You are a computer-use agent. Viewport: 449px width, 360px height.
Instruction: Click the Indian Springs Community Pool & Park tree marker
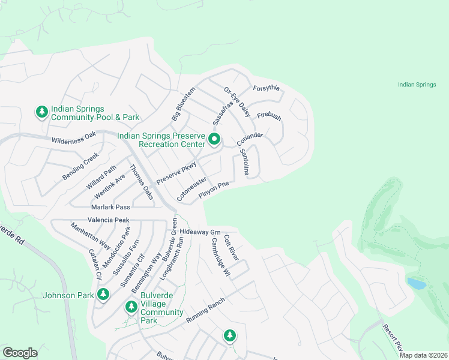[x=41, y=112]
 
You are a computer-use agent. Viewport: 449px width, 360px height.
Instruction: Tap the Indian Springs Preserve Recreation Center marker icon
[x=215, y=140]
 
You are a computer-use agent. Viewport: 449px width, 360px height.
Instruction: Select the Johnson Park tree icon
[x=104, y=294]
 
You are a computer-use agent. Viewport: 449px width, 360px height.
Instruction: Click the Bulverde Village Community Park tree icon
[x=131, y=307]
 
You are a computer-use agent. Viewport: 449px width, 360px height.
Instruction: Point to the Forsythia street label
[x=267, y=88]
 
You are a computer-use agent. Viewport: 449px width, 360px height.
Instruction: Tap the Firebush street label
[x=269, y=116]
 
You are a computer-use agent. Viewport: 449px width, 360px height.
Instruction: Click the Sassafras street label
[x=223, y=112]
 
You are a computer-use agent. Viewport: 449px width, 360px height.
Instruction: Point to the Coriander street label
[x=250, y=139]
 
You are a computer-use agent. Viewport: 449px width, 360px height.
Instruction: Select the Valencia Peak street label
[x=108, y=220]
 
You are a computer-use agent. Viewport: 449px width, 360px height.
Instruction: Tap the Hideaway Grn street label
[x=200, y=232]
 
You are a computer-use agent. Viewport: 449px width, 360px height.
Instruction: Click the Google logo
[x=20, y=353]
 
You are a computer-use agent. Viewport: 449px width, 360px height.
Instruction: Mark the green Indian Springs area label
[x=417, y=85]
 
